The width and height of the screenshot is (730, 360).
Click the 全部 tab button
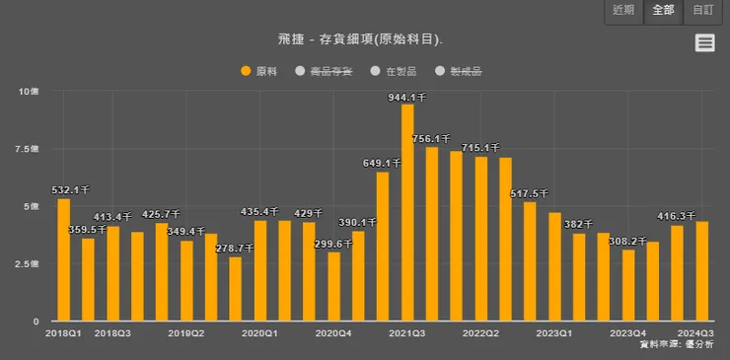pyautogui.click(x=664, y=11)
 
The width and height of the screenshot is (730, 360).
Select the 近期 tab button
pyautogui.click(x=624, y=11)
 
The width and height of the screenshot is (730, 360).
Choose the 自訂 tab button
pyautogui.click(x=703, y=11)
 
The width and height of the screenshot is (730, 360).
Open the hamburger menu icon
pyautogui.click(x=704, y=41)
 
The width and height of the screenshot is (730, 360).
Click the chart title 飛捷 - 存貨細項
pyautogui.click(x=360, y=39)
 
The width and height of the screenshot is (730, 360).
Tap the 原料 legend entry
pyautogui.click(x=260, y=71)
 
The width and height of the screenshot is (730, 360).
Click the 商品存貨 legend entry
pyautogui.click(x=325, y=71)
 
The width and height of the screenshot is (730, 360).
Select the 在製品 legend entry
pyautogui.click(x=395, y=71)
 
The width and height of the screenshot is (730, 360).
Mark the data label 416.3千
pyautogui.click(x=678, y=215)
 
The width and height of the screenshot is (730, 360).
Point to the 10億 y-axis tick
pyautogui.click(x=29, y=91)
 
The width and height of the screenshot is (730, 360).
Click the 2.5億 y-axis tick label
pyautogui.click(x=28, y=264)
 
